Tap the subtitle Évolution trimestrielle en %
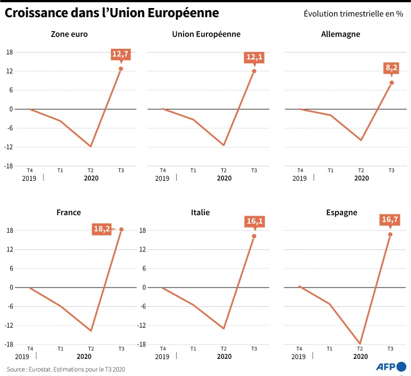(x=353, y=14)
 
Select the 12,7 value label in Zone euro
(x=121, y=54)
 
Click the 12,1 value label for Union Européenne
(x=254, y=56)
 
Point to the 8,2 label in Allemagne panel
(x=392, y=68)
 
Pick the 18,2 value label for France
(x=102, y=229)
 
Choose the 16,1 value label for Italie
(x=254, y=221)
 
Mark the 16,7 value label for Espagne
(x=391, y=219)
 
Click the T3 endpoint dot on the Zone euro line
(x=121, y=69)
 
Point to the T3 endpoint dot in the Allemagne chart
(x=392, y=83)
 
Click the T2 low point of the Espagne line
(x=361, y=343)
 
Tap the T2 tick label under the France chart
(x=90, y=349)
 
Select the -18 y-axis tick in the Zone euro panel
(x=10, y=166)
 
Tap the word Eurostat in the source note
(x=42, y=369)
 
